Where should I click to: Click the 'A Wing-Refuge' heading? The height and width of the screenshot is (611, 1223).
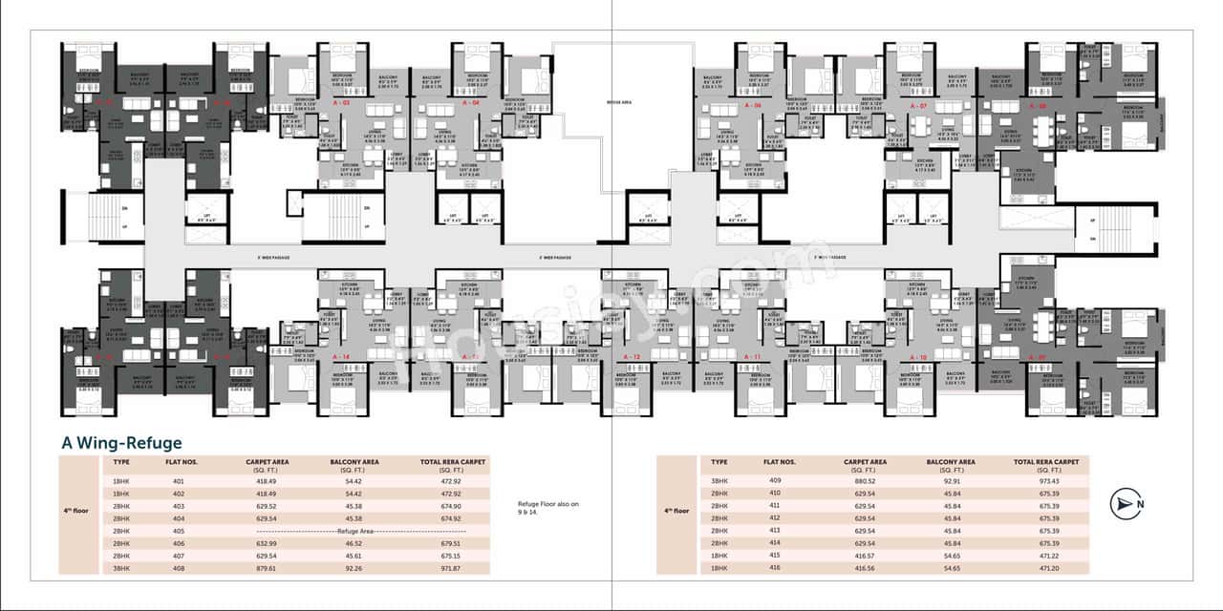click(121, 443)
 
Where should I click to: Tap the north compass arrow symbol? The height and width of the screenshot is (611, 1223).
click(1125, 503)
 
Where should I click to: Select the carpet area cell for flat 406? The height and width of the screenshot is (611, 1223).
click(267, 542)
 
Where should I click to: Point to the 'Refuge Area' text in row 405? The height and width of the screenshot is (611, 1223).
click(354, 530)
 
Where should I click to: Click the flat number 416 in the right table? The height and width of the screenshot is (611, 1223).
click(774, 568)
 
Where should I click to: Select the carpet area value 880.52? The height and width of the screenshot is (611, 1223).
click(865, 480)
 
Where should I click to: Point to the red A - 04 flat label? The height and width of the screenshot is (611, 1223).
click(471, 101)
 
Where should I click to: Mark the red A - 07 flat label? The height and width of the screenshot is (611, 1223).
click(918, 105)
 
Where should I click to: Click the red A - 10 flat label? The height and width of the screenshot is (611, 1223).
click(918, 356)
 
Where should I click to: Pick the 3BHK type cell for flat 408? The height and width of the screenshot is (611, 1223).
click(121, 568)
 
